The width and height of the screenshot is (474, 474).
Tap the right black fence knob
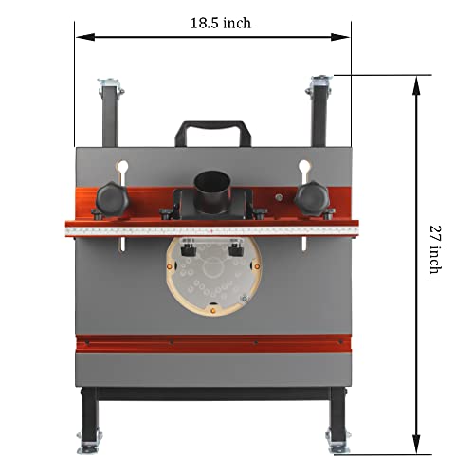(310, 196)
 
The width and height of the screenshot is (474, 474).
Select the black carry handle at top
(210, 130)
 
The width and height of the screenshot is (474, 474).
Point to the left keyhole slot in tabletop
(120, 169)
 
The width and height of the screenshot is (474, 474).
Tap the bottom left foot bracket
(92, 437)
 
